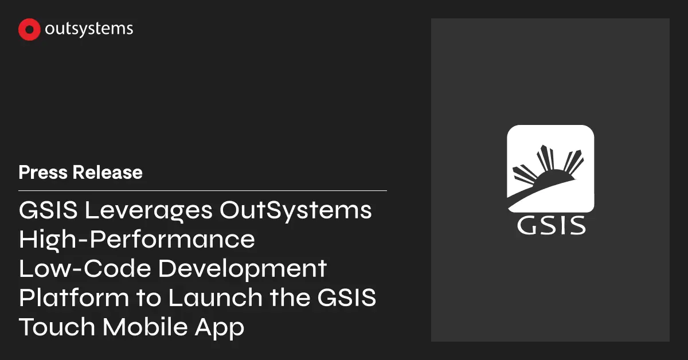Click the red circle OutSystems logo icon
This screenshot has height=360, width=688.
[x=29, y=30]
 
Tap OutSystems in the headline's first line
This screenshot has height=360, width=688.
[x=296, y=210]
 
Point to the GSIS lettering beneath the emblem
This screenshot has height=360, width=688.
[x=551, y=224]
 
